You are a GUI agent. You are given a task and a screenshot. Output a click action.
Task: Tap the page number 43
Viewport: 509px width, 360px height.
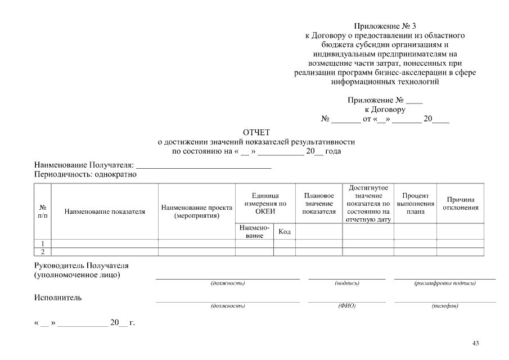click(475, 343)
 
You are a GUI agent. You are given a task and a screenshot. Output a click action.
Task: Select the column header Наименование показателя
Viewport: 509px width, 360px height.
click(105, 212)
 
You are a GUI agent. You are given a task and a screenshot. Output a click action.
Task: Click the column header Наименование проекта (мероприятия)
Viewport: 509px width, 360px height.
click(197, 211)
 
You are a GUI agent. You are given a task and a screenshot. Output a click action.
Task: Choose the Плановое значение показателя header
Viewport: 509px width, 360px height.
click(319, 203)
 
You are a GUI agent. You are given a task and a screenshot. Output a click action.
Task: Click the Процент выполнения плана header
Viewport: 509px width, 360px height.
click(415, 203)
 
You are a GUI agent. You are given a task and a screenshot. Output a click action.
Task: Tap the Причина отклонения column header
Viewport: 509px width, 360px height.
click(460, 203)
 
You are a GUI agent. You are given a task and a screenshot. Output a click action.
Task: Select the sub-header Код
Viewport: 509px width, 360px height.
click(285, 232)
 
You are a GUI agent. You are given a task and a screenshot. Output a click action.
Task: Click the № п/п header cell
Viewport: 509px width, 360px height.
click(43, 211)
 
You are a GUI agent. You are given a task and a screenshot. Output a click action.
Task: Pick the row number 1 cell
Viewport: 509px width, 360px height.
click(43, 243)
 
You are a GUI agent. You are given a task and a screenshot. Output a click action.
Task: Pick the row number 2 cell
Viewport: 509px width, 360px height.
click(43, 251)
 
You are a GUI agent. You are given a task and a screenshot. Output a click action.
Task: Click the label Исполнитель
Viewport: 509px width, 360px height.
click(58, 298)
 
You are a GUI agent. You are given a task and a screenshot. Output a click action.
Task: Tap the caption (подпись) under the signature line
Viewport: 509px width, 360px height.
click(346, 283)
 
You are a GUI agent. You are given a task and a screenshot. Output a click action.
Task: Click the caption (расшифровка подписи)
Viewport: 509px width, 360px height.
click(444, 283)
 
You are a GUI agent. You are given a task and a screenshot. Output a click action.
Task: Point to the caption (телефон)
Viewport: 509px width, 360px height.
click(444, 306)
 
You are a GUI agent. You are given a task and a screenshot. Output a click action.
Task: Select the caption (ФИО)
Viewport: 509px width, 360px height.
click(346, 306)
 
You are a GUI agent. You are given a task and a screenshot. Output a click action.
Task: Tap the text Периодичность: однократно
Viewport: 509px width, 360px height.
click(85, 174)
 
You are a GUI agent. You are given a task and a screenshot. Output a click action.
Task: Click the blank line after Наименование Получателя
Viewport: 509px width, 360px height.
click(204, 166)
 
